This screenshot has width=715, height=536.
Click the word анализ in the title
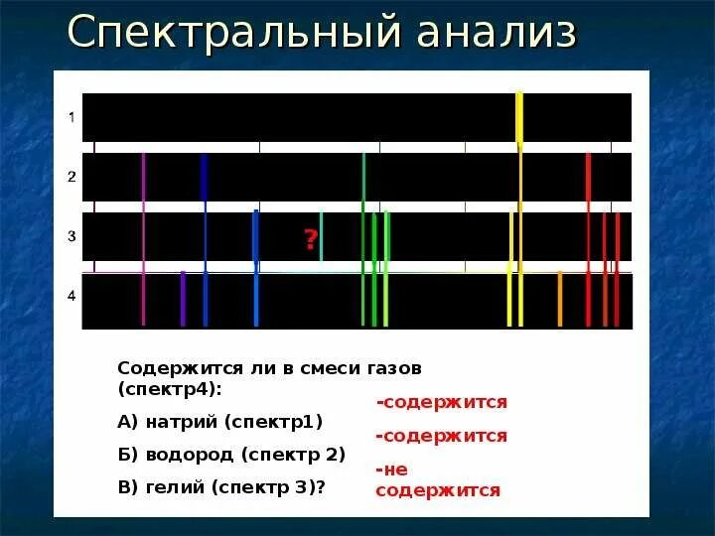pyautogui.click(x=497, y=33)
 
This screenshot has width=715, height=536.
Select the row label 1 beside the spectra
pyautogui.click(x=71, y=117)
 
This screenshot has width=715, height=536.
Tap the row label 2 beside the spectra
pyautogui.click(x=71, y=177)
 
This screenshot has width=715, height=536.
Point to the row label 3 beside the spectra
pyautogui.click(x=71, y=236)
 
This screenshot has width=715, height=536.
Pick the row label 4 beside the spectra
pyautogui.click(x=71, y=296)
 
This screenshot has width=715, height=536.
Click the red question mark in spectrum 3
pyautogui.click(x=310, y=238)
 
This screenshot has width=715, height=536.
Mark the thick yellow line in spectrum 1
pyautogui.click(x=519, y=117)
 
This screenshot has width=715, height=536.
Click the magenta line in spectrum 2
pyautogui.click(x=143, y=179)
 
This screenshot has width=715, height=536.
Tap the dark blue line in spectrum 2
pyautogui.click(x=204, y=179)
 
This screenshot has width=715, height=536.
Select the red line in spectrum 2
pyautogui.click(x=588, y=179)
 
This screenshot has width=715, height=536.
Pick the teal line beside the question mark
pyautogui.click(x=321, y=236)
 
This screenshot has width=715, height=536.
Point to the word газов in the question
pyautogui.click(x=394, y=368)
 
